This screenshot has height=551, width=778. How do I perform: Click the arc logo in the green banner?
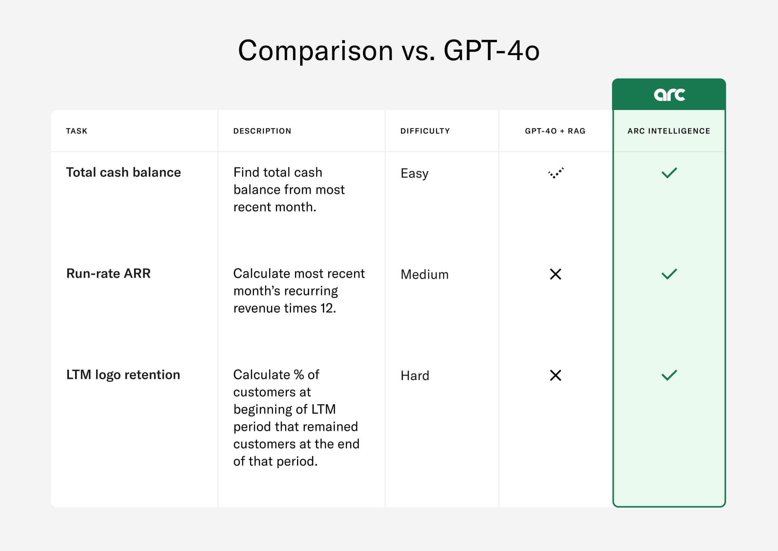[669, 95]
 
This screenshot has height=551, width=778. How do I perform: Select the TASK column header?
[77, 131]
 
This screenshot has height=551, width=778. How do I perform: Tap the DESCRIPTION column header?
[262, 131]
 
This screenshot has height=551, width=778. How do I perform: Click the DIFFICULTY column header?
[425, 131]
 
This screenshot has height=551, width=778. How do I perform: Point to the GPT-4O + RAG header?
[555, 131]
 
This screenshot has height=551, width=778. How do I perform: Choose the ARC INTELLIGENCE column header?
[669, 131]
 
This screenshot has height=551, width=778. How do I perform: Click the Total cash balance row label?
[123, 172]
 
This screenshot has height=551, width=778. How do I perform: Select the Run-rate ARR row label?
[108, 274]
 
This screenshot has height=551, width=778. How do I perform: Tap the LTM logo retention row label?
[123, 375]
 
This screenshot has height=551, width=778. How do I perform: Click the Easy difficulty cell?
[414, 173]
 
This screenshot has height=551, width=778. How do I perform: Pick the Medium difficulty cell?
[424, 275]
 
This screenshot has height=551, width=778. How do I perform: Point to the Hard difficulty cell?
[415, 376]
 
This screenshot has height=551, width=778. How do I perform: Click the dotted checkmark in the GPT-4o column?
[556, 173]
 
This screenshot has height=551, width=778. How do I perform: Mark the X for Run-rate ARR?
[555, 274]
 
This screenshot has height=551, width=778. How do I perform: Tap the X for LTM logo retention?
[555, 375]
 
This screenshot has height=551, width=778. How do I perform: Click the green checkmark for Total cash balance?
[669, 173]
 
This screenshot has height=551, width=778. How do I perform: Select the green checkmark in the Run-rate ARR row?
[669, 274]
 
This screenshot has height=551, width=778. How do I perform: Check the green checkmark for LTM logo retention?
[669, 375]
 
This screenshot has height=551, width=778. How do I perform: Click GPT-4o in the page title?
[491, 51]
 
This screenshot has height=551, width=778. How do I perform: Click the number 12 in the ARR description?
[327, 308]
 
